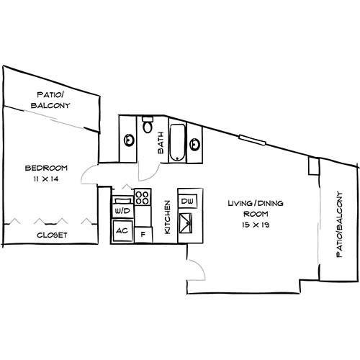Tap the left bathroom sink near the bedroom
coord(128,139)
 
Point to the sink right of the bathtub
coord(194,144)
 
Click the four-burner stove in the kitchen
coord(141,197)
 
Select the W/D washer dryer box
coord(121,211)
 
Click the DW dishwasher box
coord(187,201)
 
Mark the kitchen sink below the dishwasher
coord(187,222)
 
